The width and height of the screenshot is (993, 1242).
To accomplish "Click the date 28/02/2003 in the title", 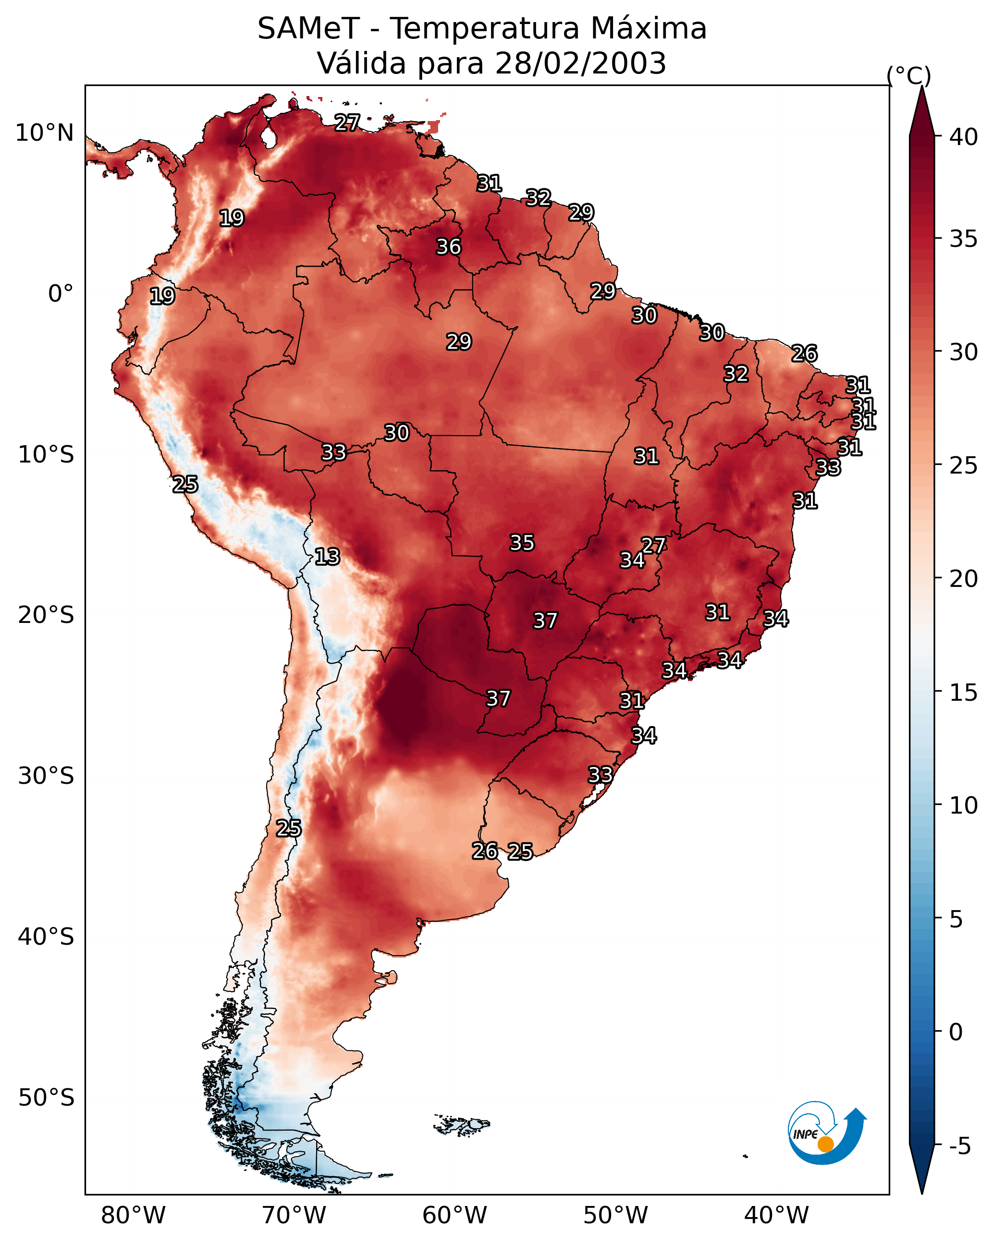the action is tap(580, 63).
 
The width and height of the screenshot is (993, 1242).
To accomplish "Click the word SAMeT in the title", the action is tap(308, 29).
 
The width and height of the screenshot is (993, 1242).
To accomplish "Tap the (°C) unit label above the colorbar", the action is tap(908, 75).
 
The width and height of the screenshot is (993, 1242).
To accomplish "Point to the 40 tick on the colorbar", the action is tap(964, 137).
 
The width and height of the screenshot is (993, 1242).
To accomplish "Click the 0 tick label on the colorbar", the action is tap(956, 1032).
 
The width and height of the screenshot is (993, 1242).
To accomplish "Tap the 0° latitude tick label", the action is tap(61, 294).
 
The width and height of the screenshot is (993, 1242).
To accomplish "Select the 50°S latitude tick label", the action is tap(46, 1097).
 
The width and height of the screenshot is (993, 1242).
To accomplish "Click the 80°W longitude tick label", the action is tap(133, 1215).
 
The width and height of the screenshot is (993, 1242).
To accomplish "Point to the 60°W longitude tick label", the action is tap(455, 1215).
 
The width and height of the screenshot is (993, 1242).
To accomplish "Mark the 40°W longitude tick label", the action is tap(776, 1215).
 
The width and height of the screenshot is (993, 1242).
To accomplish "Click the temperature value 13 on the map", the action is tap(327, 557).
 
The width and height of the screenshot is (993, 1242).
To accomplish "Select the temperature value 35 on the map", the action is tap(522, 543).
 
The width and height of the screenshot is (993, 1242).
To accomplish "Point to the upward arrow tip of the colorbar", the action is tap(921, 86).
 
